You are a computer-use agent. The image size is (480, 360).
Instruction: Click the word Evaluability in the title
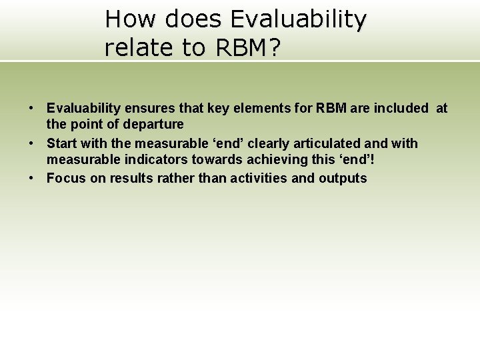(298, 19)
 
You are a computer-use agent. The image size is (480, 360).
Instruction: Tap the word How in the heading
(132, 19)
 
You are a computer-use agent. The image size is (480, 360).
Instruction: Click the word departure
(153, 124)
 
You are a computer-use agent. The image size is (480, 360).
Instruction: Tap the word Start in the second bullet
(61, 143)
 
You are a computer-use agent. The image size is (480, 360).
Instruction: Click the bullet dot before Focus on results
(31, 178)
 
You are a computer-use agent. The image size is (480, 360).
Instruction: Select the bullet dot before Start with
(31, 143)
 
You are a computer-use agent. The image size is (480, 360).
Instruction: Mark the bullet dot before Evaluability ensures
(31, 108)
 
